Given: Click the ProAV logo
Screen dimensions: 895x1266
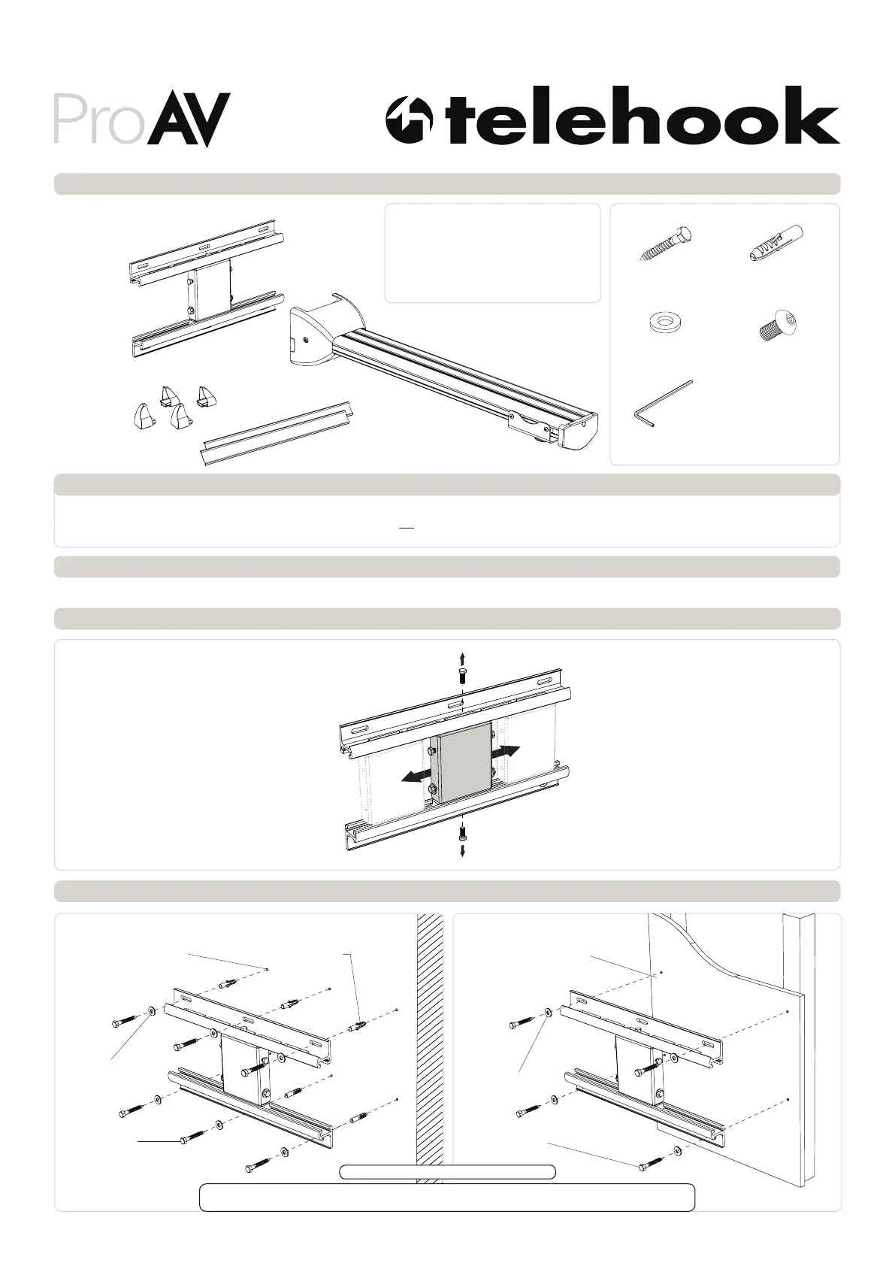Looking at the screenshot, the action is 141,120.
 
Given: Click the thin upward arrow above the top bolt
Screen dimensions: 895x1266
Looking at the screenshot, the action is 461,660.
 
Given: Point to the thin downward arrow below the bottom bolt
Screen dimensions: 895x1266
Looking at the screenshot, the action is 462,850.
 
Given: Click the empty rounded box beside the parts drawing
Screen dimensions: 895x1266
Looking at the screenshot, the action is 492,253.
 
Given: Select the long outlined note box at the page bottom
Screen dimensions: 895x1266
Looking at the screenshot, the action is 446,1197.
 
